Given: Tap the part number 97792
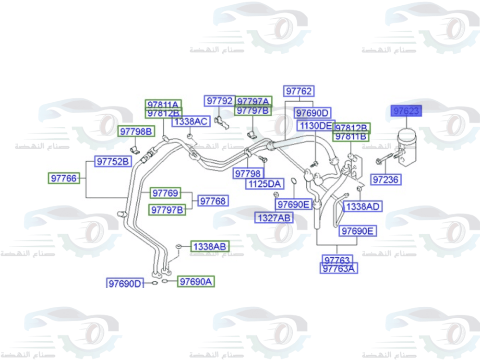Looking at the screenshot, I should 219,101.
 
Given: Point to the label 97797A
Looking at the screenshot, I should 253,101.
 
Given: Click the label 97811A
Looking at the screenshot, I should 163,104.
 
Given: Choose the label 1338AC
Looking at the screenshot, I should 191,121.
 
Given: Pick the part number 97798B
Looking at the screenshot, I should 136,131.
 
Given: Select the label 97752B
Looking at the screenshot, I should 113,162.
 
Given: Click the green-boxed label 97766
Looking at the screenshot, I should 64,179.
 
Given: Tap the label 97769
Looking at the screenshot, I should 166,193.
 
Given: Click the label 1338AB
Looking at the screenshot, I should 209,247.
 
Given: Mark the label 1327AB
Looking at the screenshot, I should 274,217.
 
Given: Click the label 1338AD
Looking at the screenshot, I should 363,207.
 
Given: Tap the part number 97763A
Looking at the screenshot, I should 338,268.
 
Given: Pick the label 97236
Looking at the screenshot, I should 386,180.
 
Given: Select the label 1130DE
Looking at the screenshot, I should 315,126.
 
